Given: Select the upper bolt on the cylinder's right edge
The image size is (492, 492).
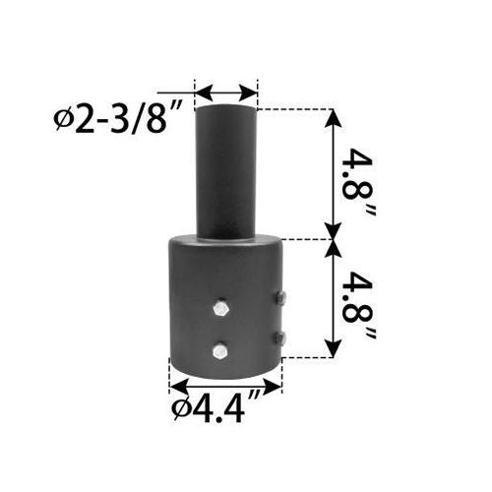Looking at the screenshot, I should [x=281, y=298].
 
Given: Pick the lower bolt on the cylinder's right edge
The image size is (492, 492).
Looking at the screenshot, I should [x=281, y=338].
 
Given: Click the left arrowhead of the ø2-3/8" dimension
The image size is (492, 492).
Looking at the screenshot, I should [x=202, y=93].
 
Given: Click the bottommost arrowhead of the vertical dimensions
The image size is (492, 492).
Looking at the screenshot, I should [x=335, y=351].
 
